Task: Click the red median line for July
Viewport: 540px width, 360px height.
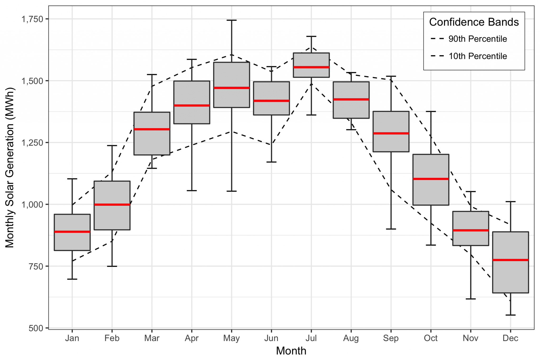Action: coord(311,67)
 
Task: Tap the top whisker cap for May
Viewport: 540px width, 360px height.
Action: coord(232,20)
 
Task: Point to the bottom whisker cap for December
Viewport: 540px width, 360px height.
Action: coord(510,315)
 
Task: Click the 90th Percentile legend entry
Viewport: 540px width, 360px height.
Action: coord(478,39)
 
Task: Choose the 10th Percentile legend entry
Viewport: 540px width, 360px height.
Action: coord(478,56)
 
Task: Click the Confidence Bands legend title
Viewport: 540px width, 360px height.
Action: coord(474,22)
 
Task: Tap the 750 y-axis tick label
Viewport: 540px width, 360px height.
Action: coord(36,266)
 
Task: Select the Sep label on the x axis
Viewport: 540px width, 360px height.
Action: coord(391,338)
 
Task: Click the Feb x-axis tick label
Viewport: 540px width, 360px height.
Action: coord(112,338)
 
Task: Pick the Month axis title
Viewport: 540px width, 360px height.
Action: coord(291,351)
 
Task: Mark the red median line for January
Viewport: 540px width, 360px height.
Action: coord(72,232)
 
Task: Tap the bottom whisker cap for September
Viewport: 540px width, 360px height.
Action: coord(391,229)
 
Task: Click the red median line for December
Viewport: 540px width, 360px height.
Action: coord(510,260)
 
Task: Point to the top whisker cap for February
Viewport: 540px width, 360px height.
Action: coord(112,146)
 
